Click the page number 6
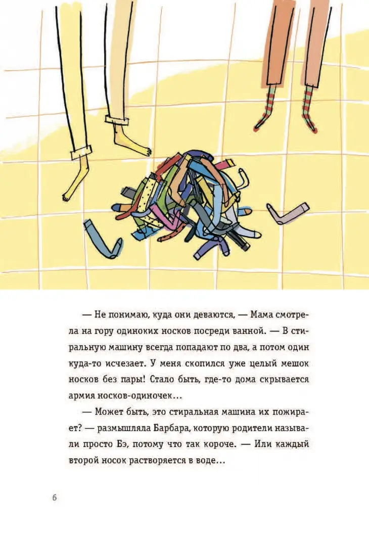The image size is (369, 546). click(x=54, y=497)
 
